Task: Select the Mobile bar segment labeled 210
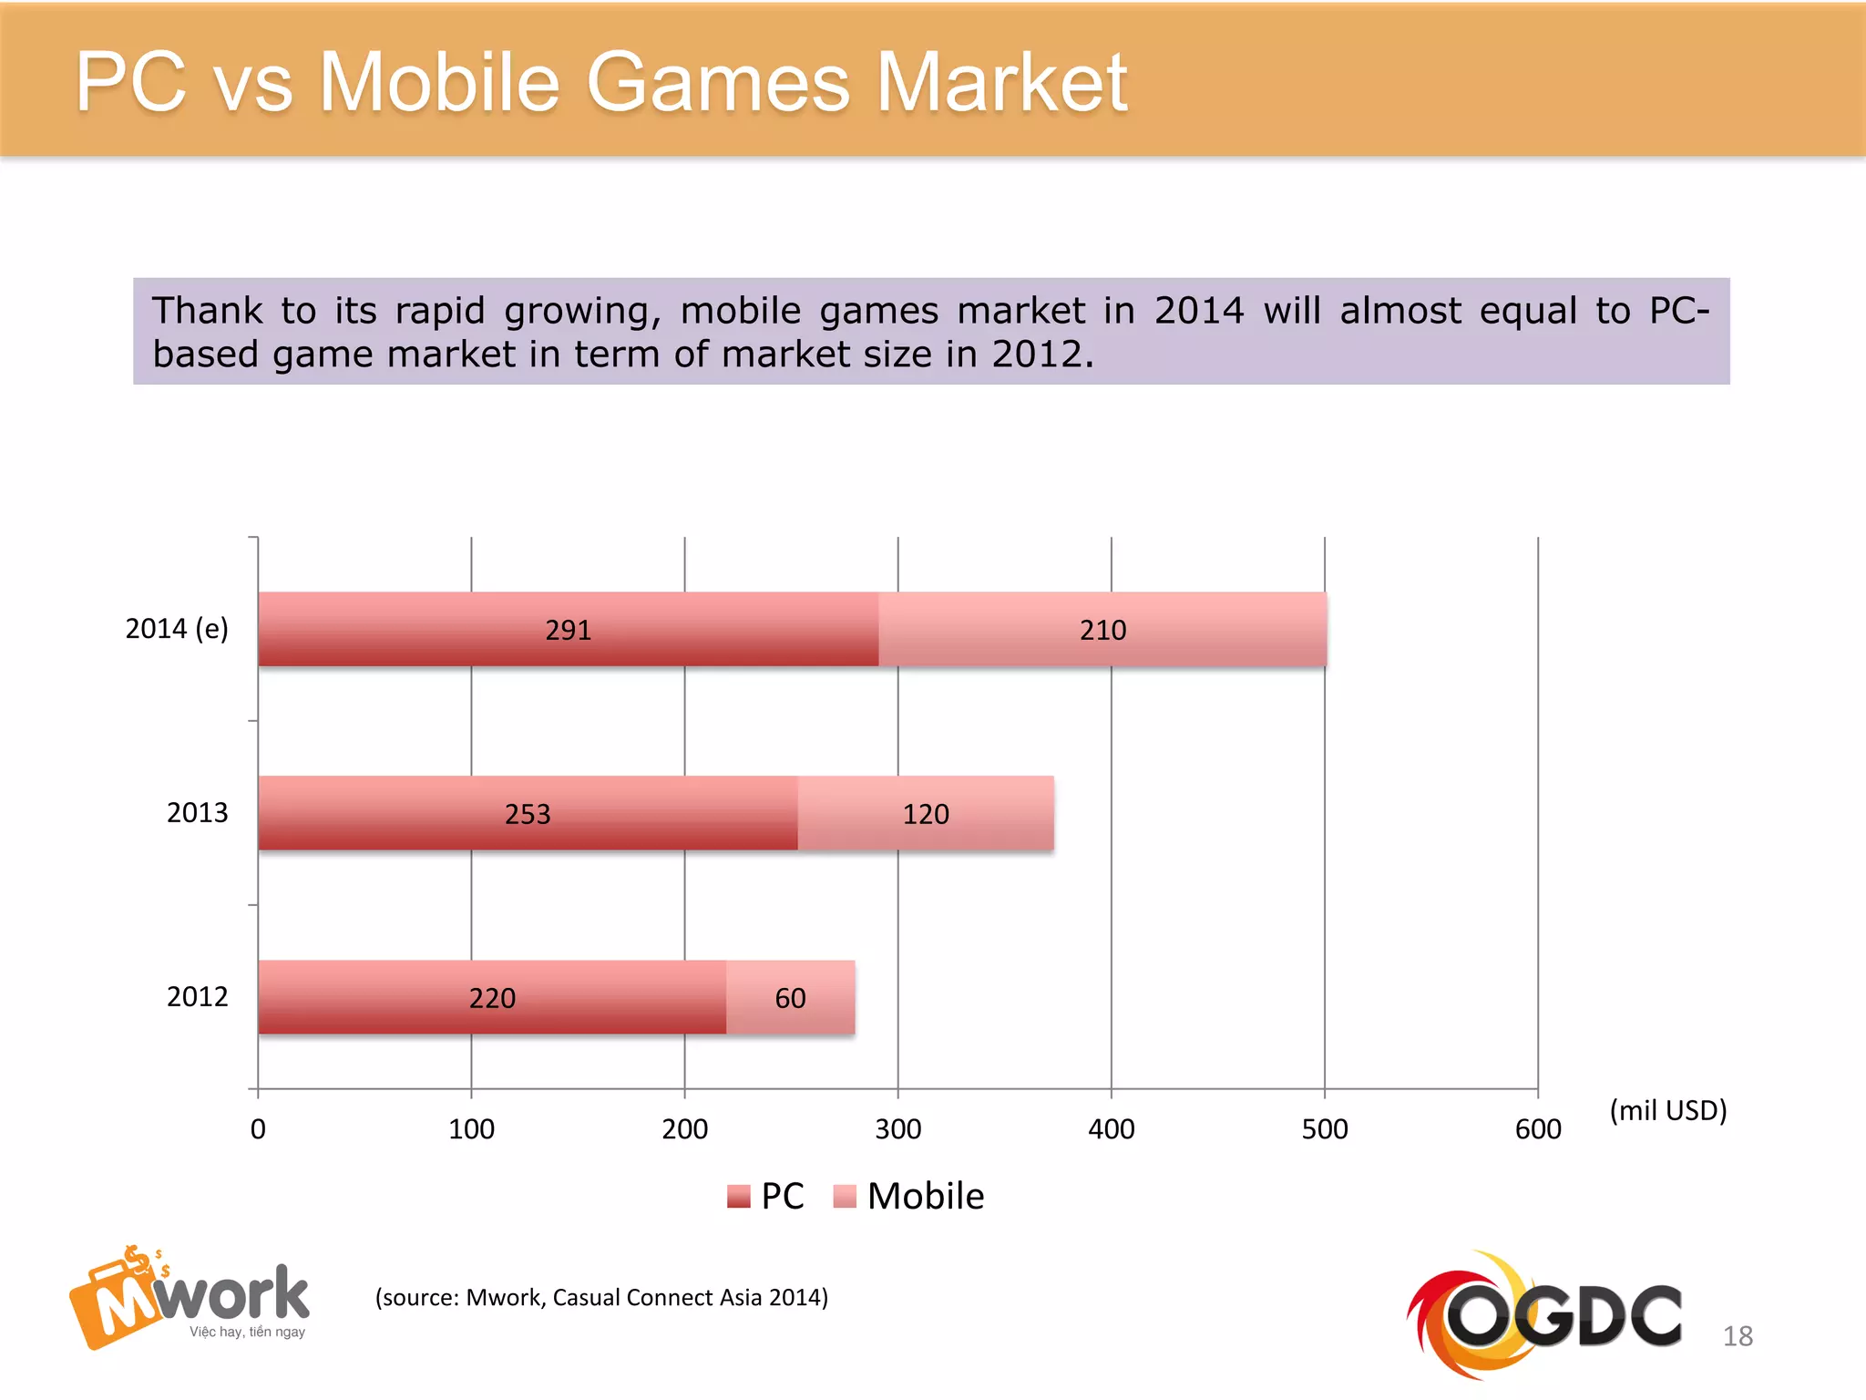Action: pos(1102,630)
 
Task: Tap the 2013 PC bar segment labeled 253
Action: pos(528,814)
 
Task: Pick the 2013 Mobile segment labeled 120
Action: pos(926,814)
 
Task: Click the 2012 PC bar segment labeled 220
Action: pos(492,998)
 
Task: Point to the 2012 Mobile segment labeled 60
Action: pos(790,998)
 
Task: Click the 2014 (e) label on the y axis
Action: pos(177,629)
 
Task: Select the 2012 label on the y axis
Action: pos(197,996)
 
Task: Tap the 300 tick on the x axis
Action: pos(897,1129)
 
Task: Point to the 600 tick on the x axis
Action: pos(1537,1129)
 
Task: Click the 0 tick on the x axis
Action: pos(258,1129)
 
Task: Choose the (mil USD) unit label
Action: pos(1667,1110)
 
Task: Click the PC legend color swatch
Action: pos(738,1196)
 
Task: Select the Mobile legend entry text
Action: pos(925,1196)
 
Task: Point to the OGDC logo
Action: pos(1544,1312)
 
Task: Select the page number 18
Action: pos(1737,1336)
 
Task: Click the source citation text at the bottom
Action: pos(601,1297)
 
